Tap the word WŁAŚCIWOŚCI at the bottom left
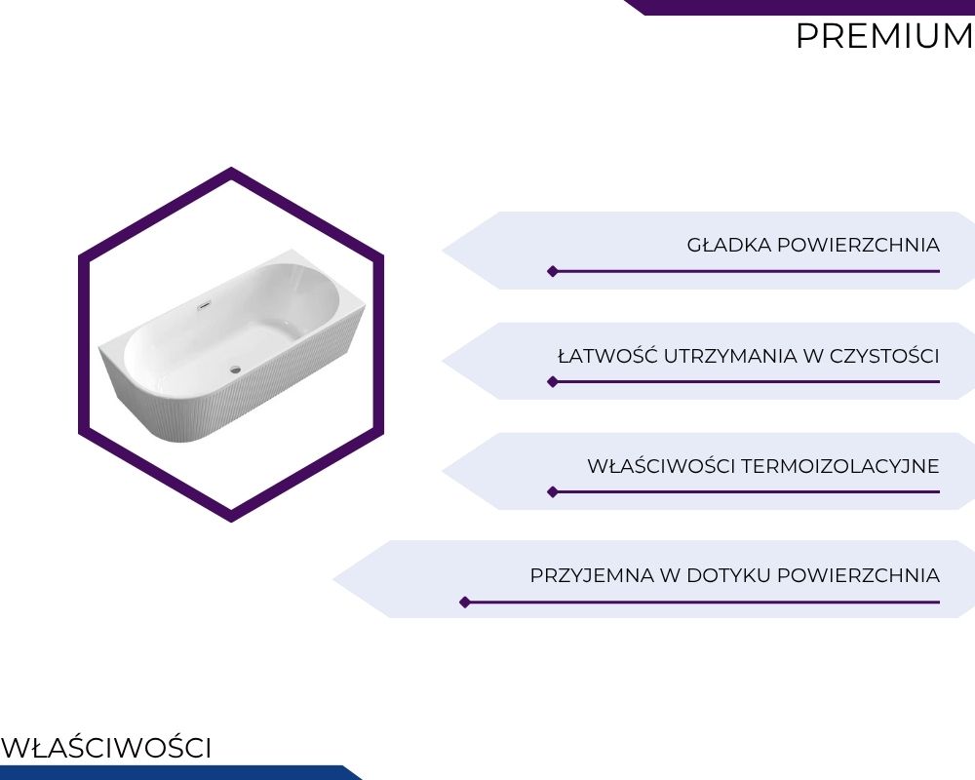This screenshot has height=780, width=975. (x=106, y=748)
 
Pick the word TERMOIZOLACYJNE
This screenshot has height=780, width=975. (x=840, y=466)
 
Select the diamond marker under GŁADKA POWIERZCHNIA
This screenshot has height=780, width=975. (x=552, y=271)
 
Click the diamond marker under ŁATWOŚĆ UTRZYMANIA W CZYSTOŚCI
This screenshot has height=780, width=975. (x=552, y=382)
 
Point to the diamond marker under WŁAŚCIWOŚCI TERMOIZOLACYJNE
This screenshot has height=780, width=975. (x=552, y=492)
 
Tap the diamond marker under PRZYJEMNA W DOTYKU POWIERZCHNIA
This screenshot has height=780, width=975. (x=464, y=603)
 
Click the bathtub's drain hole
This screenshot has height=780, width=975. (x=234, y=369)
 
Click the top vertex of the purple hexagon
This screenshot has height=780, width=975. (x=231, y=168)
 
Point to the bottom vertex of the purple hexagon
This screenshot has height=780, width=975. (x=231, y=521)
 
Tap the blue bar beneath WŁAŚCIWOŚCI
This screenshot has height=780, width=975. (x=180, y=772)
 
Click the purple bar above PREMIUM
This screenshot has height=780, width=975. (x=799, y=7)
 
